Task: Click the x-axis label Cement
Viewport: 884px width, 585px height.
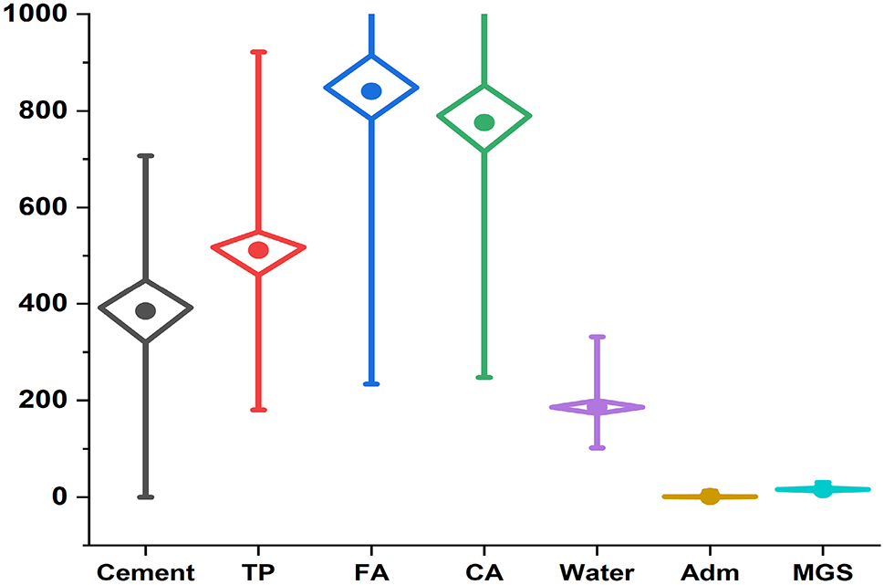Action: tap(145, 572)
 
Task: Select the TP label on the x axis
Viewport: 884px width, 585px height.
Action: tap(258, 572)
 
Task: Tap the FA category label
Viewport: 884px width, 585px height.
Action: tap(371, 572)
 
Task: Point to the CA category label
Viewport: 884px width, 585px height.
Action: tap(484, 572)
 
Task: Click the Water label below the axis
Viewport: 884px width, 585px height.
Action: tap(597, 572)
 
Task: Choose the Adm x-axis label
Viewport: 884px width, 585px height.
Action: tap(710, 572)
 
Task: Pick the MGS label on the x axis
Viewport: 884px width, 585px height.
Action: tap(823, 572)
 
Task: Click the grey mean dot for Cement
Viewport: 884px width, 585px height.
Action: tap(146, 310)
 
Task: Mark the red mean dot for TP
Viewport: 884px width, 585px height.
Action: tap(258, 249)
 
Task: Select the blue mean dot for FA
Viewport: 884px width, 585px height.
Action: tap(371, 90)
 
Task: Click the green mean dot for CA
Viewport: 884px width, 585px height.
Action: tap(484, 122)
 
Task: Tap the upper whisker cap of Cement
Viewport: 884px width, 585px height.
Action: tap(146, 156)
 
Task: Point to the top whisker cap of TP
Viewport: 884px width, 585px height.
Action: tap(258, 52)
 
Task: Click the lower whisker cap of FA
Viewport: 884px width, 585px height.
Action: tap(371, 383)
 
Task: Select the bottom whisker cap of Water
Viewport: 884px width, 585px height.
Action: tap(598, 447)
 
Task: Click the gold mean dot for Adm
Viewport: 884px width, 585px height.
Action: tap(710, 496)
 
